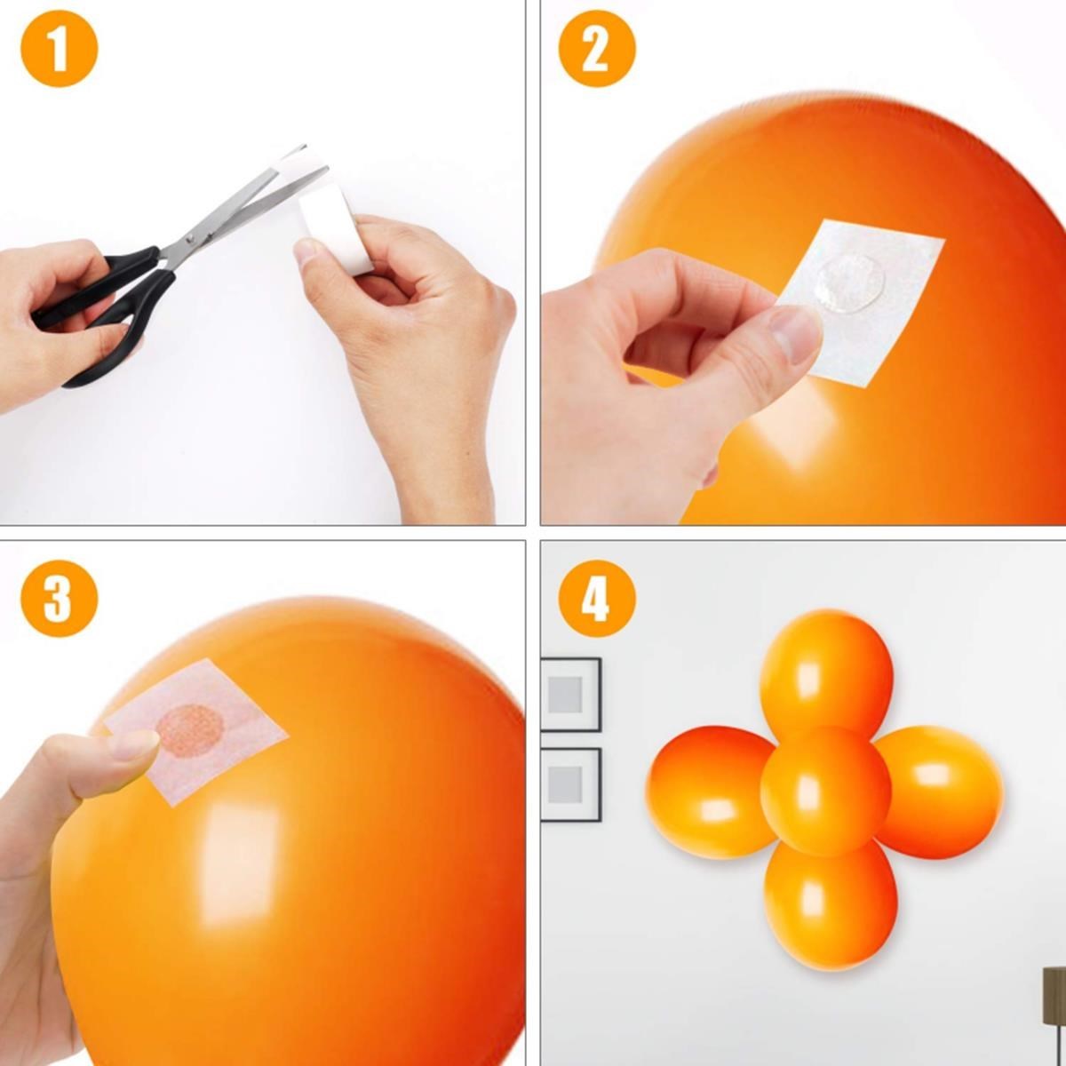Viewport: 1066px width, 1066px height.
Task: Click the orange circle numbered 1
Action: click(x=59, y=48)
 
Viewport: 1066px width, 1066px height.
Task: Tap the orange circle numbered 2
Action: click(x=597, y=48)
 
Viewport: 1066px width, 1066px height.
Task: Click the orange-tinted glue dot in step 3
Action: click(x=189, y=730)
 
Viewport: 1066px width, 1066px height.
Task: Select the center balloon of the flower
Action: click(x=826, y=791)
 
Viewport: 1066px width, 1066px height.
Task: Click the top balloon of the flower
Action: click(x=826, y=671)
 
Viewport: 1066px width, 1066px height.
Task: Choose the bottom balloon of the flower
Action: click(x=831, y=906)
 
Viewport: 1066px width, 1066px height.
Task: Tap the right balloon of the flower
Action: click(x=942, y=791)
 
